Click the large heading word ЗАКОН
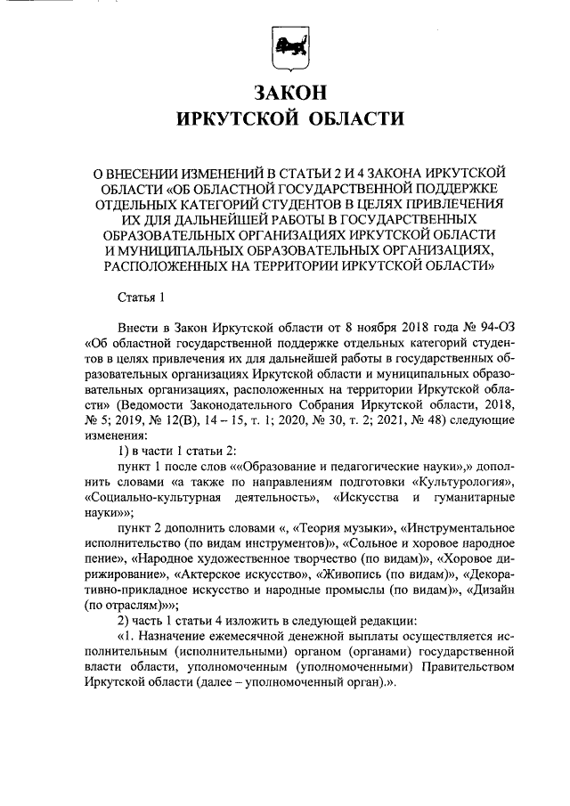pos(285,92)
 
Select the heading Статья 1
pos(139,296)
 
